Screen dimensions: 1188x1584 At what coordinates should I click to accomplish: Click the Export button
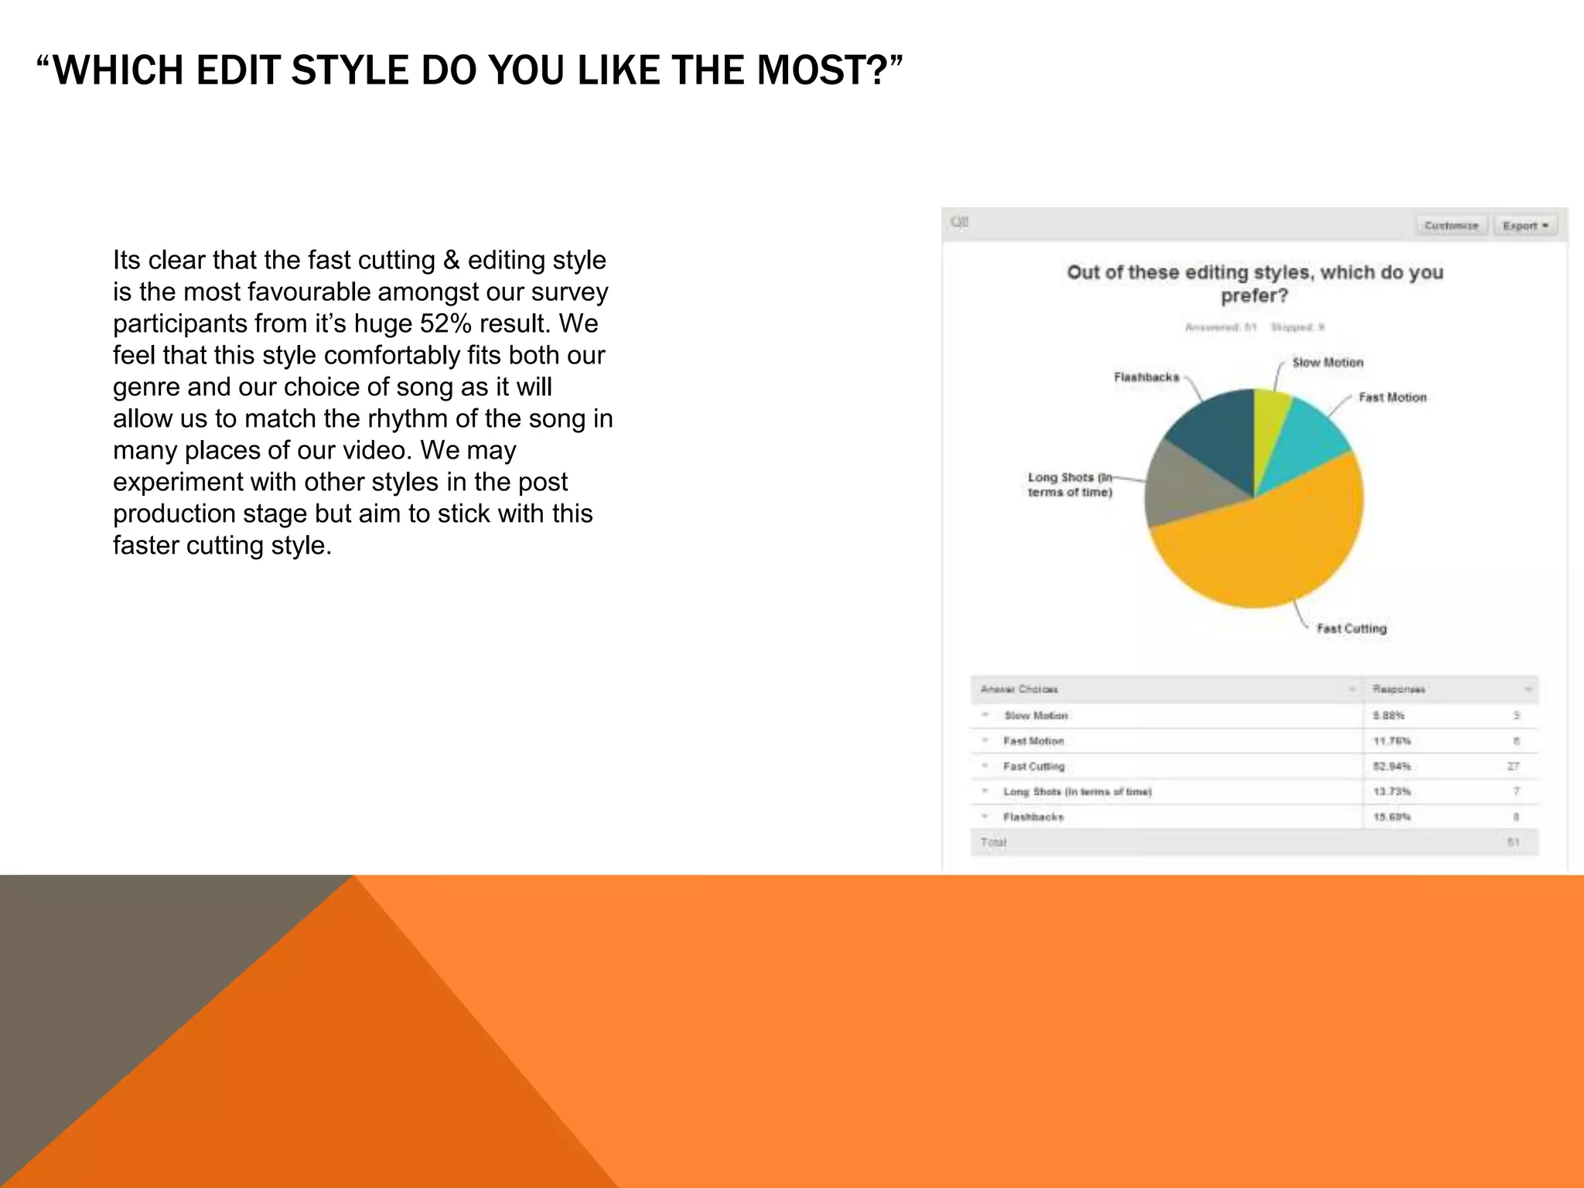(x=1524, y=226)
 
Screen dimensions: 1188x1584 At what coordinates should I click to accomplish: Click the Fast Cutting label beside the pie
(x=1351, y=629)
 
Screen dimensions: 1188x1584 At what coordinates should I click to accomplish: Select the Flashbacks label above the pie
(x=1146, y=377)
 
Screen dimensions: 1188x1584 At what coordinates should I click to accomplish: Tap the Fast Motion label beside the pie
(x=1392, y=398)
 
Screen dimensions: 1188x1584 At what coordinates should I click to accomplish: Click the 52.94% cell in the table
(x=1391, y=766)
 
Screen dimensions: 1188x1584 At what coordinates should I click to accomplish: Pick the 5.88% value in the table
(x=1388, y=715)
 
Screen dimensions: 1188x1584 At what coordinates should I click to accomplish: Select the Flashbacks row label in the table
(x=1033, y=817)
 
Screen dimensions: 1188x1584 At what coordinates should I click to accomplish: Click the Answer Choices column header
(x=1019, y=689)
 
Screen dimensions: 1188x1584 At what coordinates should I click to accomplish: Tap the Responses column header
(x=1398, y=689)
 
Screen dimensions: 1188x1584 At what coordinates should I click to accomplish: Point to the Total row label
(x=993, y=842)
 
